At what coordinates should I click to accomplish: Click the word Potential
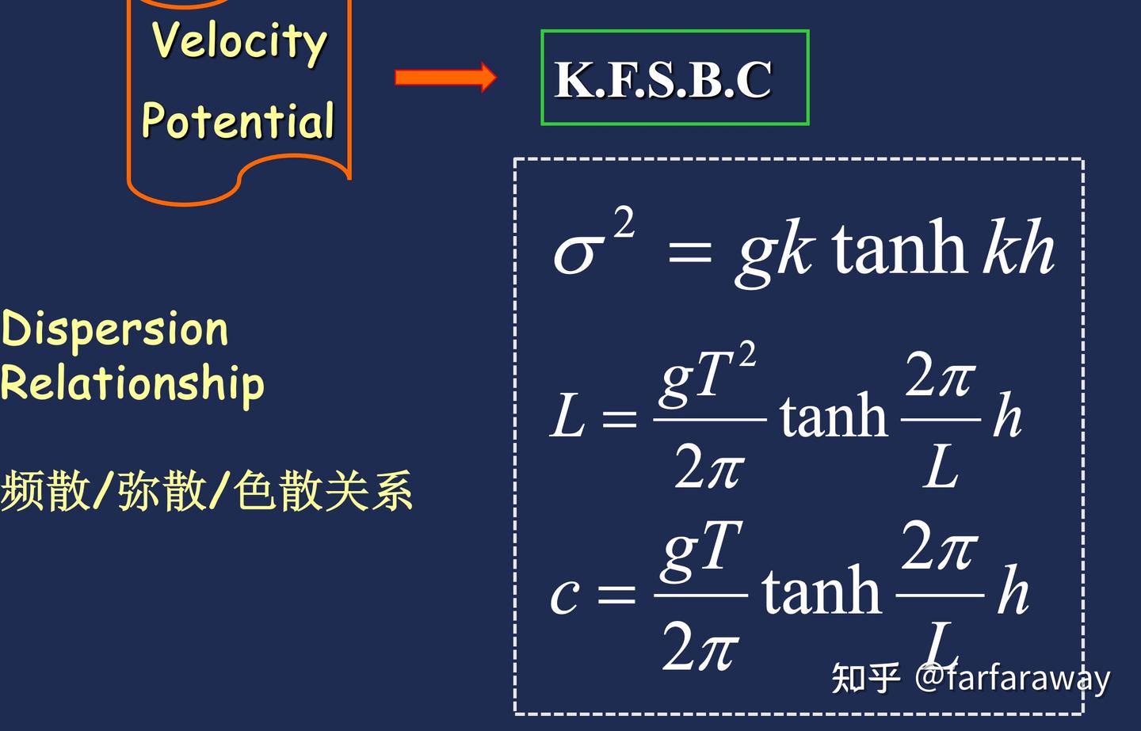[238, 120]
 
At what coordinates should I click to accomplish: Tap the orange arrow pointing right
[445, 78]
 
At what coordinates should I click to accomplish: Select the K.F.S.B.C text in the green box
[663, 79]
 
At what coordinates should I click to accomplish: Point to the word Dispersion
[114, 329]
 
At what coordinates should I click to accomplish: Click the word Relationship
[132, 384]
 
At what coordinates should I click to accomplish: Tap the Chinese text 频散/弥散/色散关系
[206, 490]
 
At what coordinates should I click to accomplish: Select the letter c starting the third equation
[565, 596]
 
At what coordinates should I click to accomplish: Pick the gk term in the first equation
[773, 253]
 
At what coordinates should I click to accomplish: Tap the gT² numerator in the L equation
[708, 377]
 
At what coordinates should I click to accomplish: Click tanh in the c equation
[821, 591]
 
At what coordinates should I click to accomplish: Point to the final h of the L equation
[1007, 414]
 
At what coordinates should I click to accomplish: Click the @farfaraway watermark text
[1012, 678]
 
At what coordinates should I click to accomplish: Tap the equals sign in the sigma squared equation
[689, 253]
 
